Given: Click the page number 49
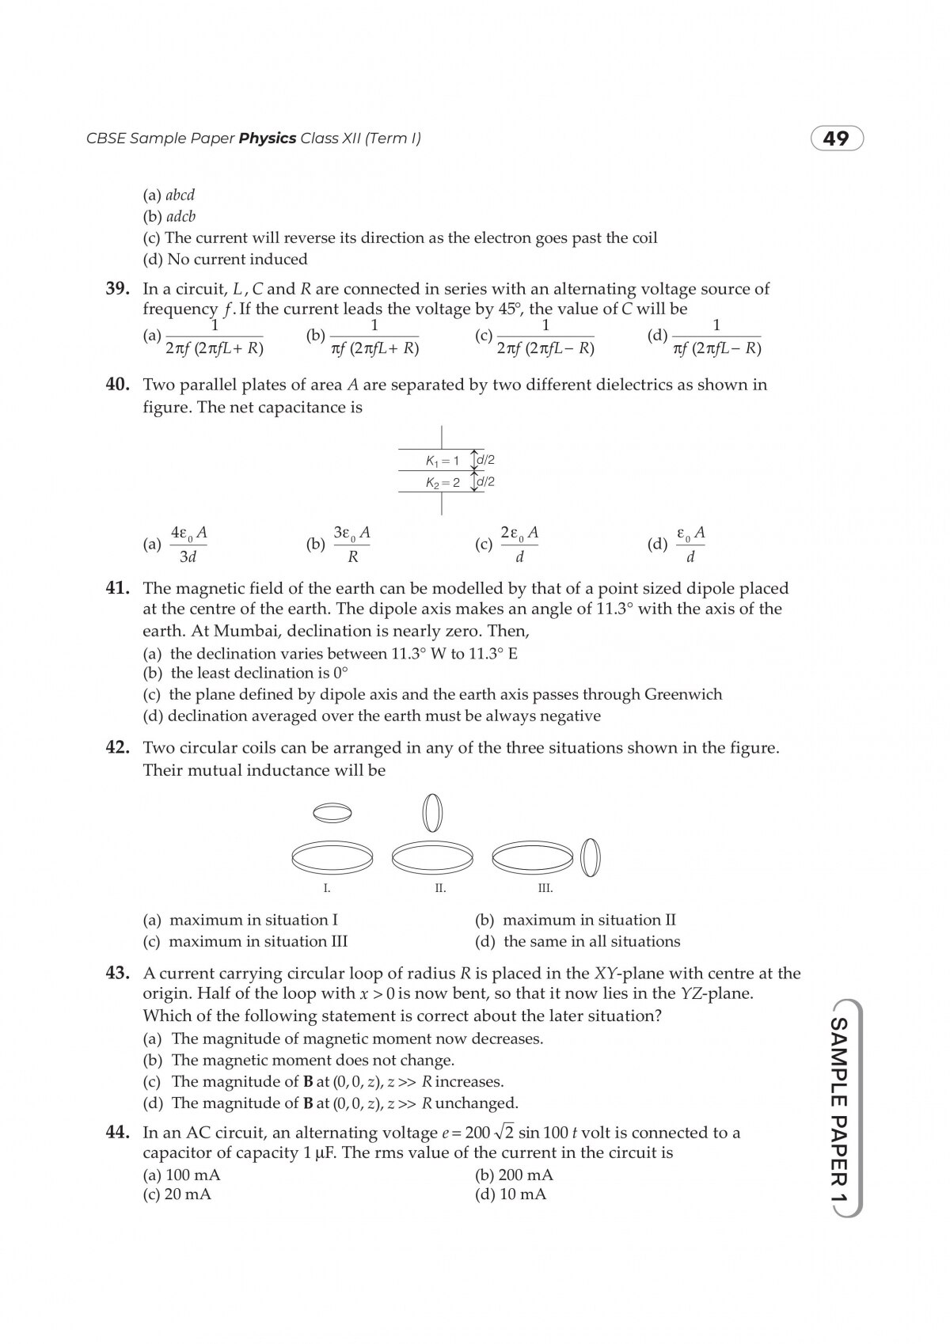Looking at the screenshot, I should click(836, 139).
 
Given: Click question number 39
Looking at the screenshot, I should click(117, 289).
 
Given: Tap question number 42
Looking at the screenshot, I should click(117, 748).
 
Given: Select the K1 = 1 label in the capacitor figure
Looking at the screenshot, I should click(442, 461).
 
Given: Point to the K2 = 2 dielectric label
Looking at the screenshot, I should click(443, 483).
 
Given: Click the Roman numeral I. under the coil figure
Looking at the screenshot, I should click(327, 889).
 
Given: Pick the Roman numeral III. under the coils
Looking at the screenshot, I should click(545, 889).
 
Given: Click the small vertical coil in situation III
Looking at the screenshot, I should click(591, 857).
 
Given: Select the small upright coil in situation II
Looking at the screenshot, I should click(432, 812).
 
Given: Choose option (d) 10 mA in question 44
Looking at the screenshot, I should click(511, 1194).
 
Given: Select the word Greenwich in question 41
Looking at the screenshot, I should click(683, 695).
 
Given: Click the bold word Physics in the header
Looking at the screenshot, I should click(267, 139).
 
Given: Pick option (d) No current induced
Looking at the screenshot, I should click(225, 260).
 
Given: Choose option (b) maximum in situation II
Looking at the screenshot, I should click(576, 921).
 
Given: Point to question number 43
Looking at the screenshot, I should click(117, 974).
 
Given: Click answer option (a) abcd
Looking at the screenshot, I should click(169, 195).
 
